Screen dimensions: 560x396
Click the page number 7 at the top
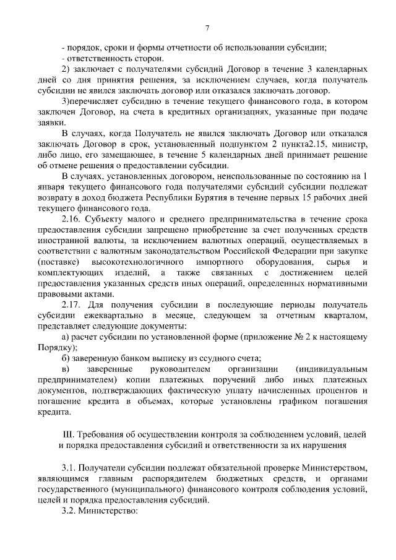(x=207, y=27)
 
